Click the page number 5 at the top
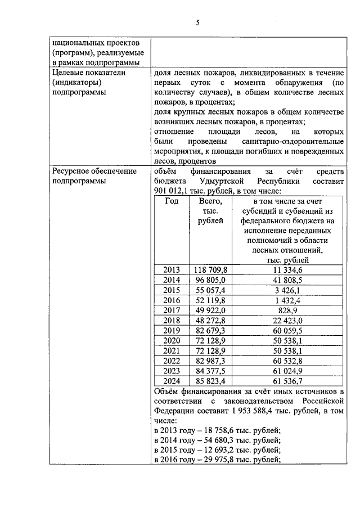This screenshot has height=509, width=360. pos(197,22)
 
